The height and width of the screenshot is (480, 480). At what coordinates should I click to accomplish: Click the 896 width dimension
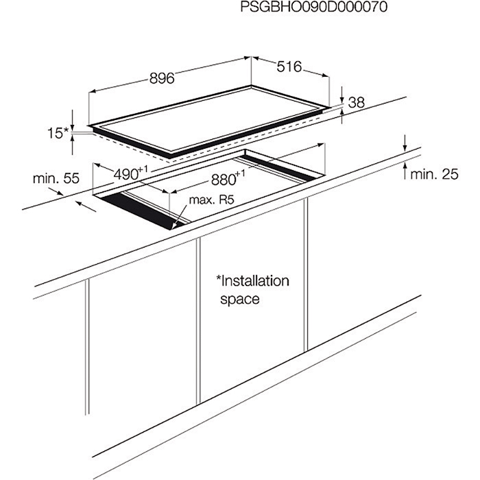[x=162, y=78]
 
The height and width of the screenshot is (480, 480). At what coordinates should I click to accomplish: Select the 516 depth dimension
[x=289, y=67]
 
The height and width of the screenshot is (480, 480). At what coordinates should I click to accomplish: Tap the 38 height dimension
[x=356, y=103]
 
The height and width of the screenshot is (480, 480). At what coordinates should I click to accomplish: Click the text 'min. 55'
[x=56, y=178]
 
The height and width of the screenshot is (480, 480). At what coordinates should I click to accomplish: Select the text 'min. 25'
[x=434, y=174]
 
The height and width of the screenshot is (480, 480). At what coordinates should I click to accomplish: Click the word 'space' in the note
[x=239, y=299]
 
